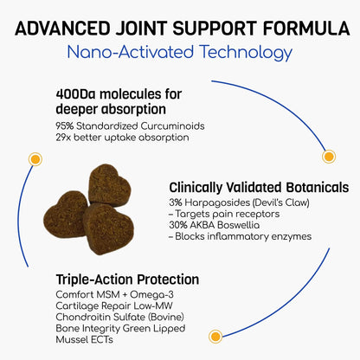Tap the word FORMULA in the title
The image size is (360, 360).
(300, 22)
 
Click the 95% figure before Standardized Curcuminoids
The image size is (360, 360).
(63, 125)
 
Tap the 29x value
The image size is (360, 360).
(62, 137)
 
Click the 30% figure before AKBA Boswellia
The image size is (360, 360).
(180, 224)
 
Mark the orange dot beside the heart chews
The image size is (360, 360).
(35, 160)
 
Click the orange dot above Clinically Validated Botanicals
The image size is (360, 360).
(328, 157)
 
